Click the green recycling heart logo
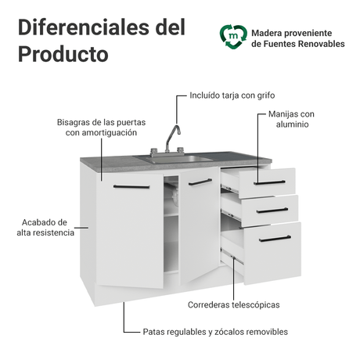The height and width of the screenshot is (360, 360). pyautogui.click(x=233, y=37)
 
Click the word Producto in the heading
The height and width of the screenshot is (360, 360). pyautogui.click(x=63, y=54)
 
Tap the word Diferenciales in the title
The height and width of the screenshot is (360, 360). pyautogui.click(x=85, y=27)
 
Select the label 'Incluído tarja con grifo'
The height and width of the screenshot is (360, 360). pyautogui.click(x=232, y=95)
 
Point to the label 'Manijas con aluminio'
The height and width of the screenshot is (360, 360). pyautogui.click(x=292, y=119)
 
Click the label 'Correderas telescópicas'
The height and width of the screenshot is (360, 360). pyautogui.click(x=234, y=304)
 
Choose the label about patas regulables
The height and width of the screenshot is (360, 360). pyautogui.click(x=215, y=332)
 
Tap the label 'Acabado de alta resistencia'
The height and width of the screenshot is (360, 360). pyautogui.click(x=45, y=228)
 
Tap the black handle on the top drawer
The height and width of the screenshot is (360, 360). pyautogui.click(x=269, y=182)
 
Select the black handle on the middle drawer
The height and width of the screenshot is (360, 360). pyautogui.click(x=272, y=211)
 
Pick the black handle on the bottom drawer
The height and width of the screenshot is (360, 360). pyautogui.click(x=275, y=239)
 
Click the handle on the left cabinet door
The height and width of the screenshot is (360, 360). pyautogui.click(x=131, y=187)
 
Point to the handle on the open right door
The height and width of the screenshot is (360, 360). pyautogui.click(x=200, y=182)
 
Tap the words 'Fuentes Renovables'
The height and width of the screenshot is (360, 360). pyautogui.click(x=304, y=44)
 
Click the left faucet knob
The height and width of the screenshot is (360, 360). pyautogui.click(x=154, y=152)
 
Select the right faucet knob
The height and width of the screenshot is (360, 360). pyautogui.click(x=180, y=150)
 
